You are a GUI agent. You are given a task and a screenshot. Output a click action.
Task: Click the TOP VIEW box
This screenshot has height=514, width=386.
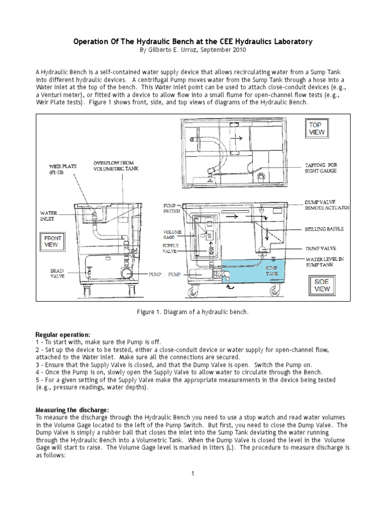pos(317,128)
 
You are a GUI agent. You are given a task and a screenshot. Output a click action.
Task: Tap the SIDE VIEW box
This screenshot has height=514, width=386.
pos(322,286)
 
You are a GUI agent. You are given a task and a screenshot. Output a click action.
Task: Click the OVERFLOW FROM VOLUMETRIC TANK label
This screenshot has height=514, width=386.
pos(115,166)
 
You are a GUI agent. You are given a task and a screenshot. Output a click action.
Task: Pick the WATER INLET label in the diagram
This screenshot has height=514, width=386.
pos(49,216)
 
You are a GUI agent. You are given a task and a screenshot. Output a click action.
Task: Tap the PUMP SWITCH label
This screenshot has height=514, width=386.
pos(171,209)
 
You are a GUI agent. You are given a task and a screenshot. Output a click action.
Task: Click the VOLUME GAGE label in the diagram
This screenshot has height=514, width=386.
pos(171,235)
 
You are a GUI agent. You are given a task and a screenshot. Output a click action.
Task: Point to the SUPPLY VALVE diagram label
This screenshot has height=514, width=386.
pos(170,248)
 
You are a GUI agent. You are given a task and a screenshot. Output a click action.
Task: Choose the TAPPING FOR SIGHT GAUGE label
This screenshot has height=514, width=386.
pos(322,168)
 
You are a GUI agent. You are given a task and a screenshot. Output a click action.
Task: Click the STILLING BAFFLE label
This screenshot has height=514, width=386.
pos(324,229)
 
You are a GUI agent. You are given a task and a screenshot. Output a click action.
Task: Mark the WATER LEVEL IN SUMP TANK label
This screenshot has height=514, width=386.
pos(326,262)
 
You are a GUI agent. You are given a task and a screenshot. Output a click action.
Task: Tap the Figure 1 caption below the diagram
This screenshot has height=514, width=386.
pos(192,312)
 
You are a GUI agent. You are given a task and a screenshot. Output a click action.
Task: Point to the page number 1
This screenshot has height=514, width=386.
pos(192,473)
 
